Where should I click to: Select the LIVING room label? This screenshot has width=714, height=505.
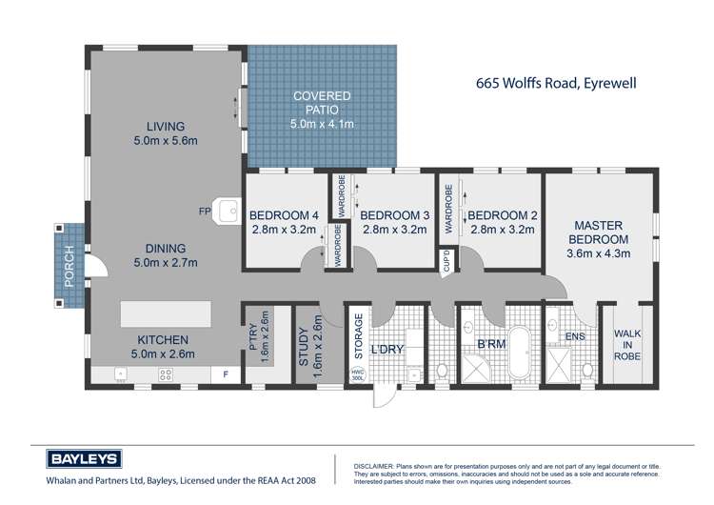[165, 127]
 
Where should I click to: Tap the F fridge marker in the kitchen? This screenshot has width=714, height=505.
[227, 374]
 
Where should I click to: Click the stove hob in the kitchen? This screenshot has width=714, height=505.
[165, 374]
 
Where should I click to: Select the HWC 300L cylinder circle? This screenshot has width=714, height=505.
[358, 374]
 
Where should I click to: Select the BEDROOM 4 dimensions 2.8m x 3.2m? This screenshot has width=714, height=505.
[283, 229]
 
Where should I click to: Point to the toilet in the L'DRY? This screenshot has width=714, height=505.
[442, 371]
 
